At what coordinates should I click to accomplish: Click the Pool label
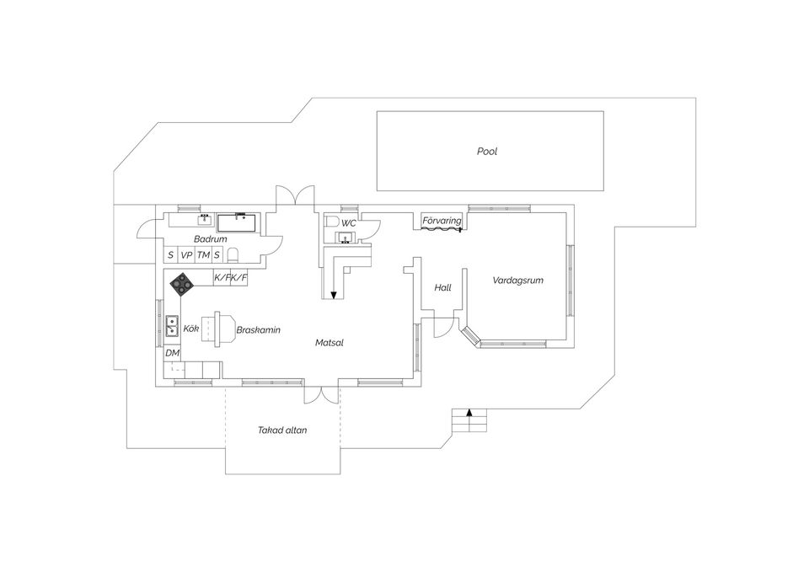pos(487,152)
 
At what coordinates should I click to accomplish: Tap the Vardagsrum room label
pos(517,281)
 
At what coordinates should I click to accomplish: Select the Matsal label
pos(329,343)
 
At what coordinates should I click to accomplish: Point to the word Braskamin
pos(258,329)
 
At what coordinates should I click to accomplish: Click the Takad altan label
pos(282,430)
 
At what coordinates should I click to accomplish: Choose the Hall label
pos(442,288)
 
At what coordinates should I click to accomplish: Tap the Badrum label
pos(211,239)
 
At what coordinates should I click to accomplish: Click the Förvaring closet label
pos(442,221)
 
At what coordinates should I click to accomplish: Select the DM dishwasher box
pos(172,353)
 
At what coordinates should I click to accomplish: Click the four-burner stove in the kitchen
pos(182,284)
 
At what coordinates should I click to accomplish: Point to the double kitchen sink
pos(172,326)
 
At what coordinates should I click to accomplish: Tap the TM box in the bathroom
pos(203,254)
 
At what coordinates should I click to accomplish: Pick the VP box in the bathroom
pos(186,254)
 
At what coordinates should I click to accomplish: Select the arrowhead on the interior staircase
pos(334,295)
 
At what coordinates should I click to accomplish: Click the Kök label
pos(191,329)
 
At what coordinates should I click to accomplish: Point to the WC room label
pos(349,224)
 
